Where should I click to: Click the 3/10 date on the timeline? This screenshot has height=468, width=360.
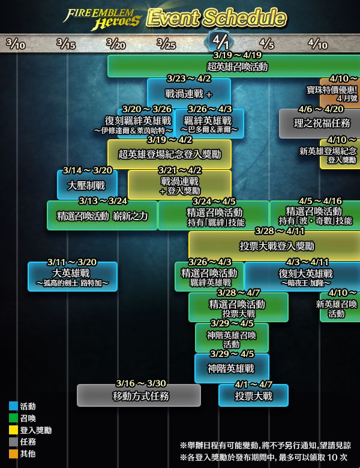16,44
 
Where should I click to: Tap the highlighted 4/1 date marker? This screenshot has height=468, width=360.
220,42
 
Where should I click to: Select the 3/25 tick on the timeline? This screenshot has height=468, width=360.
166,44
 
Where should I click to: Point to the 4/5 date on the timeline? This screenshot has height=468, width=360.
266,44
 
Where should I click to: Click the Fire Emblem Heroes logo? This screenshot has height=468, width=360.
102,19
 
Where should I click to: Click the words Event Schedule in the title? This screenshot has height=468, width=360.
217,17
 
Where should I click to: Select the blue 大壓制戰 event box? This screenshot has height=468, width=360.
87,185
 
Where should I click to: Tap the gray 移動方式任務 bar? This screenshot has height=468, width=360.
139,395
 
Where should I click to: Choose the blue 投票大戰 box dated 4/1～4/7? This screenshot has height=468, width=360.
253,395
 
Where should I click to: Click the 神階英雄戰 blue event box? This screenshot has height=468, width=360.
232,368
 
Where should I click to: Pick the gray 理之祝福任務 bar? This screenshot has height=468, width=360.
319,124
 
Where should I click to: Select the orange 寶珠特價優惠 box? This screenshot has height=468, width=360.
340,93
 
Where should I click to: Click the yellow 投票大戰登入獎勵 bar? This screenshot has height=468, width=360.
274,246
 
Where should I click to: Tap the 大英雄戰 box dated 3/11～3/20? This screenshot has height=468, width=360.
73,277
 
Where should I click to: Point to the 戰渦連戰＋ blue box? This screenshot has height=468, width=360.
189,93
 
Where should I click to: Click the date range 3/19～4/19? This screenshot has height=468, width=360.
238,55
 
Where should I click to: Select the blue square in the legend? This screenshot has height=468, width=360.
13,406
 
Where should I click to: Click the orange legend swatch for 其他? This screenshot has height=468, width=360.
13,454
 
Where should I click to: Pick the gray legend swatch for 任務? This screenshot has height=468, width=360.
13,442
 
